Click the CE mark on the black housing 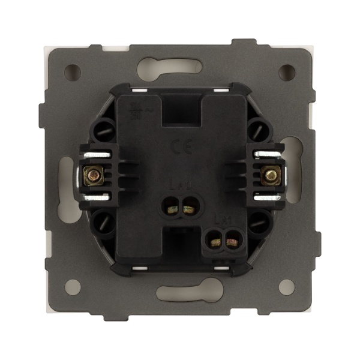[179, 146]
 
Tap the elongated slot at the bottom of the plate [180, 293]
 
